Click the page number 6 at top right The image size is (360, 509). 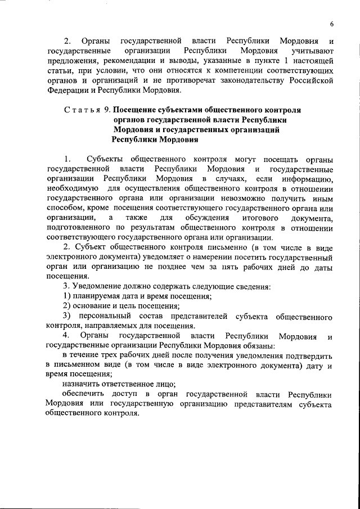(332, 24)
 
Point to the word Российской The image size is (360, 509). (308, 80)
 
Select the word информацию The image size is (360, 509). (308, 178)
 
